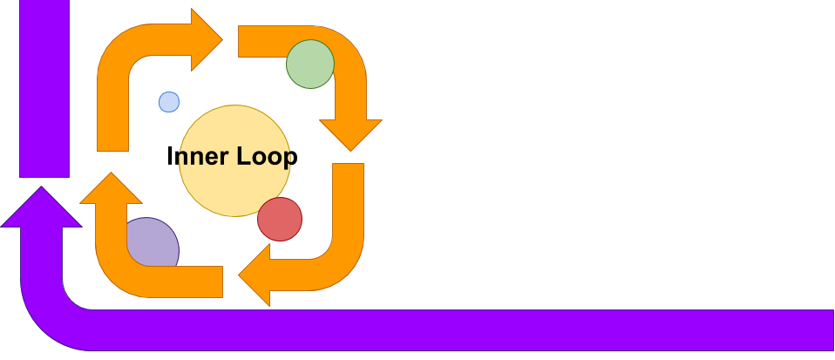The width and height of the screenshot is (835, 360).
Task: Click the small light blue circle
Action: coord(169,102)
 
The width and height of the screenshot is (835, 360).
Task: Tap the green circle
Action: coord(310,64)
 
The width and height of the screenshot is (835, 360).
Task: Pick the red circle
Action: coord(280,219)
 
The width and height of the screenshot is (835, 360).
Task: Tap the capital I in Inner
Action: coord(170,157)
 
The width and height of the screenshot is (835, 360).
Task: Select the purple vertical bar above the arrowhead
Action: coord(44,87)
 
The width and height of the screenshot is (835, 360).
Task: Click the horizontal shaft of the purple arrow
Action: coord(453,329)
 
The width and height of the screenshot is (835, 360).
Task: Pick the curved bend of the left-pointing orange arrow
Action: coord(340,257)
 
